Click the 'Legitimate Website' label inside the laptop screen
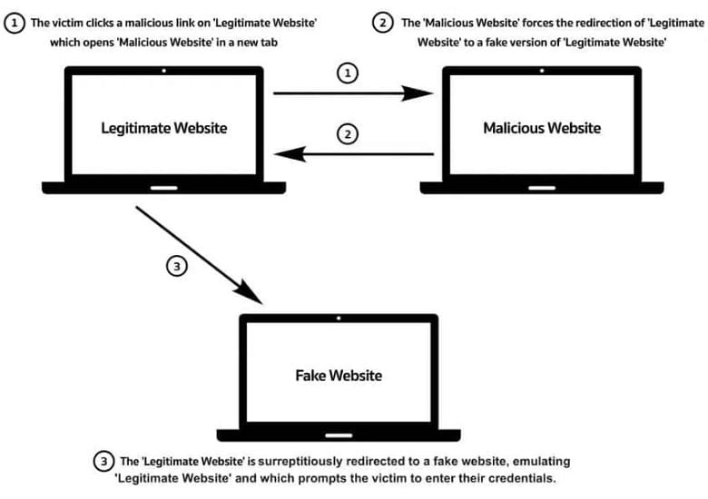pyautogui.click(x=164, y=128)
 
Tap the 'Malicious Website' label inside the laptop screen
pyautogui.click(x=542, y=128)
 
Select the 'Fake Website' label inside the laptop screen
pyautogui.click(x=339, y=376)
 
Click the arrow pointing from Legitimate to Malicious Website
pyautogui.click(x=353, y=93)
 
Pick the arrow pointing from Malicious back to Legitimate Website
pyautogui.click(x=354, y=154)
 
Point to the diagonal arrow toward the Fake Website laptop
pyautogui.click(x=199, y=255)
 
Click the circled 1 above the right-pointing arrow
pyautogui.click(x=348, y=73)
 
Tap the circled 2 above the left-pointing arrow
pyautogui.click(x=348, y=134)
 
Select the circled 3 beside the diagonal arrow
pyautogui.click(x=177, y=266)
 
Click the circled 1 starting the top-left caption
pyautogui.click(x=15, y=23)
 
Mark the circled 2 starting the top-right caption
pyautogui.click(x=383, y=23)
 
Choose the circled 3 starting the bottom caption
pyautogui.click(x=103, y=462)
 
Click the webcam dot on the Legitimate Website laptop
pyautogui.click(x=164, y=71)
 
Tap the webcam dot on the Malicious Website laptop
pyautogui.click(x=542, y=71)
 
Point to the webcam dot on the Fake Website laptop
pyautogui.click(x=339, y=318)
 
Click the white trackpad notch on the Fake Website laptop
pyautogui.click(x=339, y=435)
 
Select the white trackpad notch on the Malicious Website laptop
pyautogui.click(x=542, y=188)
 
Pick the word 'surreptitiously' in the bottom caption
pyautogui.click(x=303, y=462)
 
